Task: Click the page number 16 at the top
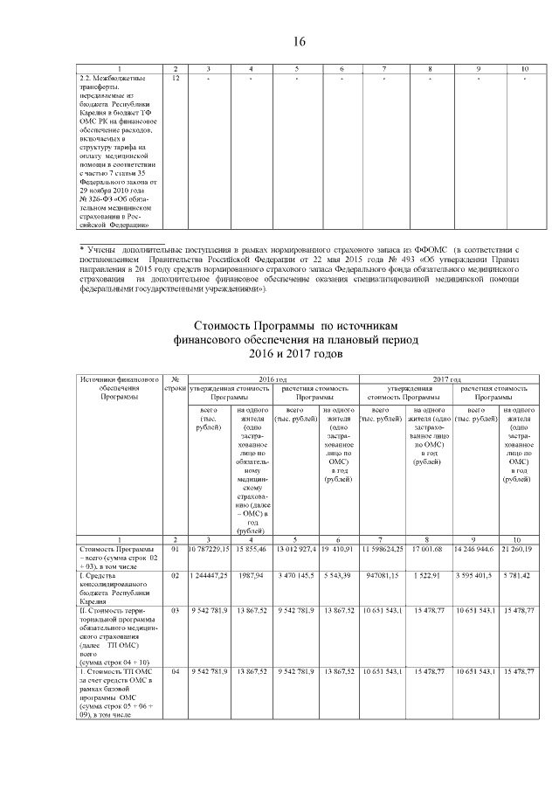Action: click(x=300, y=41)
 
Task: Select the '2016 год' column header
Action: click(x=273, y=379)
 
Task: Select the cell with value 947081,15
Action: click(x=383, y=578)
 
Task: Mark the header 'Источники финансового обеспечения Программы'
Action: click(x=119, y=388)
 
